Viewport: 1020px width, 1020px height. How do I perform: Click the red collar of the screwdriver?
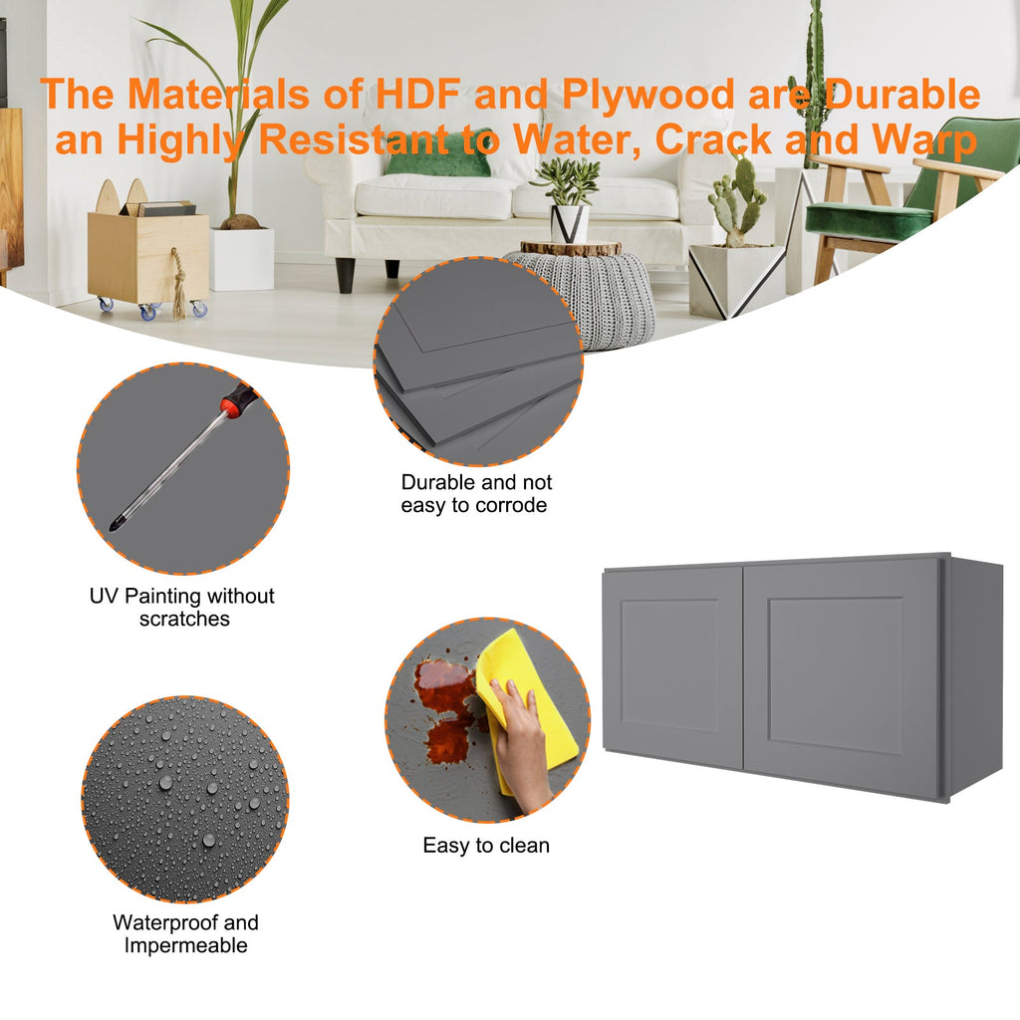(228, 407)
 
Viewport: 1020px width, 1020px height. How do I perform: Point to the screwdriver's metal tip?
(116, 524)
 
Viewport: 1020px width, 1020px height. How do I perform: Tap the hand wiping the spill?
(520, 741)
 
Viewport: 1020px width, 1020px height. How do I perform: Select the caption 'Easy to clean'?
(486, 845)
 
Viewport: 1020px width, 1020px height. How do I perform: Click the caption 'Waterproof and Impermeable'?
(185, 933)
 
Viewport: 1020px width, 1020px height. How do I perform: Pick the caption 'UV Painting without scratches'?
(182, 607)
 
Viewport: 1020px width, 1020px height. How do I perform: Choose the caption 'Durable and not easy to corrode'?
(476, 494)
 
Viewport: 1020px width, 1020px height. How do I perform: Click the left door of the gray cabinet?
(673, 665)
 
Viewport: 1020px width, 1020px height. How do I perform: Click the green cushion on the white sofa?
(437, 162)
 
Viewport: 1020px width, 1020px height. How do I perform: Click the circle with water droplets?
(185, 800)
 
